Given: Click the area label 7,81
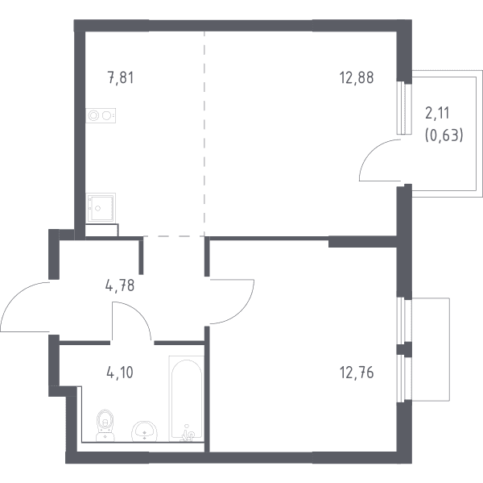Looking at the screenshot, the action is [x=121, y=77].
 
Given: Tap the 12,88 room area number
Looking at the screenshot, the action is [x=357, y=77].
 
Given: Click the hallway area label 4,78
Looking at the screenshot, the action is [x=120, y=285].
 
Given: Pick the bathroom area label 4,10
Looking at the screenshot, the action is [x=120, y=373].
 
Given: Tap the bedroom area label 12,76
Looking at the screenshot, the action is [x=357, y=373].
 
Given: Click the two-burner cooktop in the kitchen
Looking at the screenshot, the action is [x=101, y=116].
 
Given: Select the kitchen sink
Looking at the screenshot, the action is [x=101, y=208].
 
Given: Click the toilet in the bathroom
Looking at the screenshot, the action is [x=105, y=425].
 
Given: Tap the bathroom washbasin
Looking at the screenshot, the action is [x=144, y=431].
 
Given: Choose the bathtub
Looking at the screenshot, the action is [x=187, y=399].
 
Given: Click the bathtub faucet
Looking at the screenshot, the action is [x=188, y=435].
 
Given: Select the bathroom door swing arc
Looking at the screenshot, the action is [x=140, y=313].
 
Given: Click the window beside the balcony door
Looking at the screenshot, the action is [x=404, y=108].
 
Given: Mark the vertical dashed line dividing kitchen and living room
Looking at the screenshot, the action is [x=204, y=134].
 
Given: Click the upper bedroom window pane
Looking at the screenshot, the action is [x=404, y=320].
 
